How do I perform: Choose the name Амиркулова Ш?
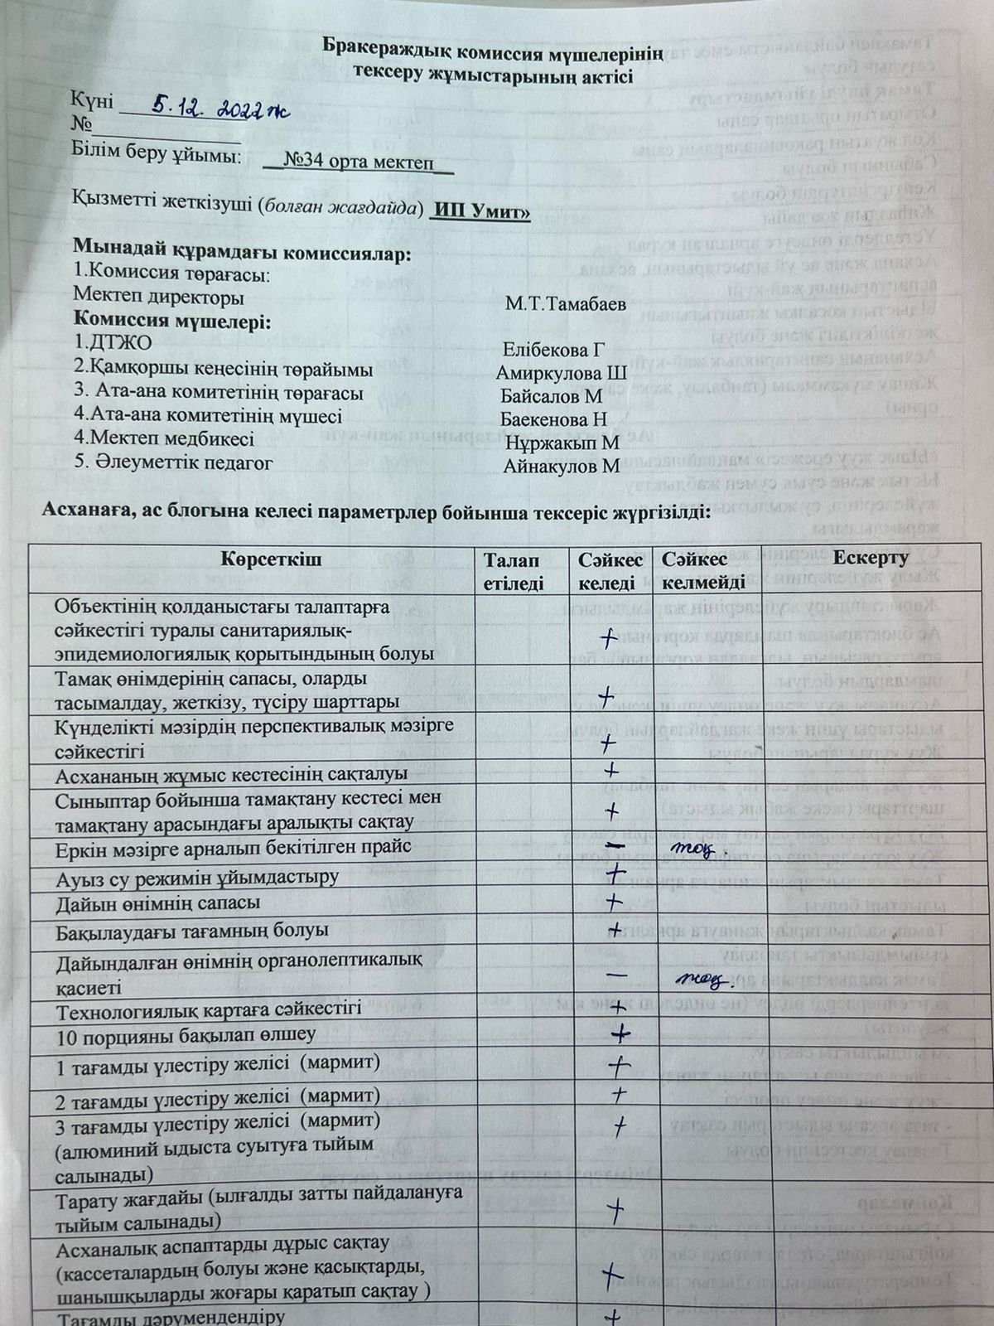(x=562, y=372)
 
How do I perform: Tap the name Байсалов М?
(x=551, y=396)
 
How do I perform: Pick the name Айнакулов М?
(x=561, y=467)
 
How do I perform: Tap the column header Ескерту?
(x=871, y=558)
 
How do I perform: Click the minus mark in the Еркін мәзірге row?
(x=615, y=845)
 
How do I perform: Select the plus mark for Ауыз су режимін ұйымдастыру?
(x=615, y=874)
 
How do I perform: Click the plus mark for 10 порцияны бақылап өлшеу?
(x=620, y=1033)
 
